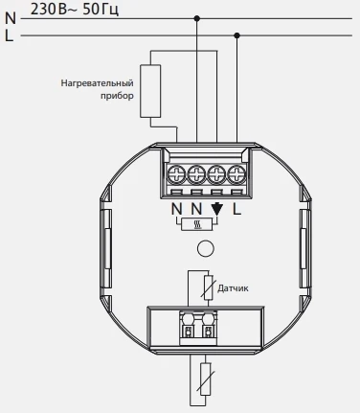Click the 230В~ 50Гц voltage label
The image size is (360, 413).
click(75, 10)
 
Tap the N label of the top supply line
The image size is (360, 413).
click(11, 18)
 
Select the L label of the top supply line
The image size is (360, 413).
click(9, 35)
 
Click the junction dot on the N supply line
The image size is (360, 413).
click(197, 18)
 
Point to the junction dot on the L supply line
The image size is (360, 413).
click(236, 35)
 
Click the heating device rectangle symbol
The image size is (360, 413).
click(150, 91)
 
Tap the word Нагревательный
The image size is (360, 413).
click(97, 83)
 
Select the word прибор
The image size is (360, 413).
click(117, 96)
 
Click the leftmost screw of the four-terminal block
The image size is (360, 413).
click(176, 174)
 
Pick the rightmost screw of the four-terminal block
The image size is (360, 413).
click(236, 174)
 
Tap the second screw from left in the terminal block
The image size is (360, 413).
click(196, 174)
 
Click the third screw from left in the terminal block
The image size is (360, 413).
click(216, 174)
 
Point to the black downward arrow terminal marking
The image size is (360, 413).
click(217, 209)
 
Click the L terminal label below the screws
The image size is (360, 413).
click(236, 209)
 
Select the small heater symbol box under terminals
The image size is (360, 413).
click(196, 224)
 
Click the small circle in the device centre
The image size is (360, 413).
click(206, 248)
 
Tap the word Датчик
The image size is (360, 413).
click(233, 288)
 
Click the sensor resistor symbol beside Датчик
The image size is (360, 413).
click(209, 287)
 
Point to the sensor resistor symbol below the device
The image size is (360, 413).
click(206, 379)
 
